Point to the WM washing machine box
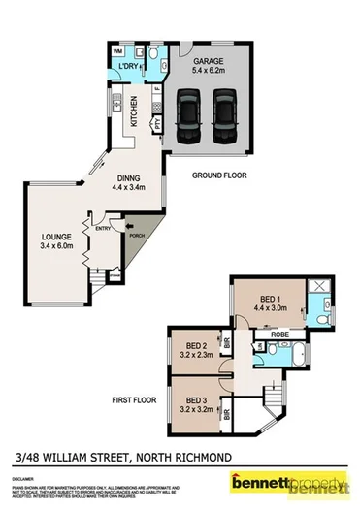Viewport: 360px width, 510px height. click(x=117, y=50)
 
